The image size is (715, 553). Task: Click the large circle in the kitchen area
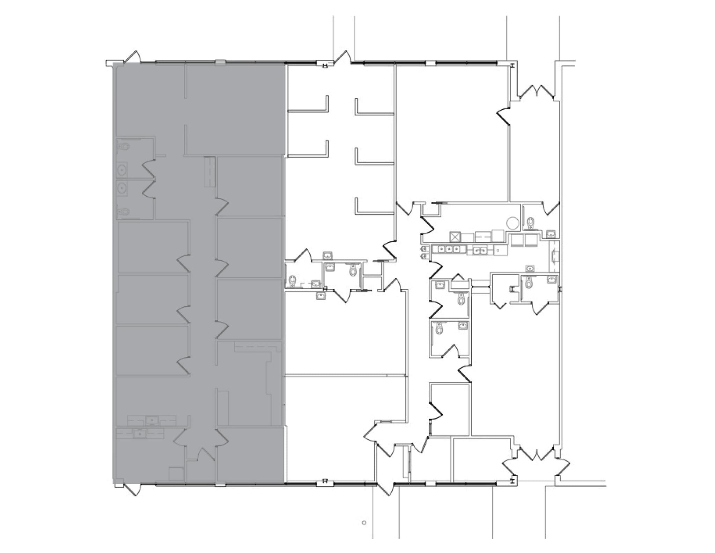coord(513,223)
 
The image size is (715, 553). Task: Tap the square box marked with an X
coord(455,237)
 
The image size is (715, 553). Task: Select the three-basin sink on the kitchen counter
coord(449,249)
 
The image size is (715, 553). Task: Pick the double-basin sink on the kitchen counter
coord(480,250)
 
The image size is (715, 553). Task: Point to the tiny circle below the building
coord(364,532)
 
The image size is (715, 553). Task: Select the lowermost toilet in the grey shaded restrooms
coord(123,211)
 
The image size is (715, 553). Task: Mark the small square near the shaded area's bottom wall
coord(176,474)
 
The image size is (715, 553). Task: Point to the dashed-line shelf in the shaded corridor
coord(209,172)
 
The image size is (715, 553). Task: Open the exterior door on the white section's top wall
coord(342,57)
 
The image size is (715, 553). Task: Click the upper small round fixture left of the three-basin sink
coord(424,249)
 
